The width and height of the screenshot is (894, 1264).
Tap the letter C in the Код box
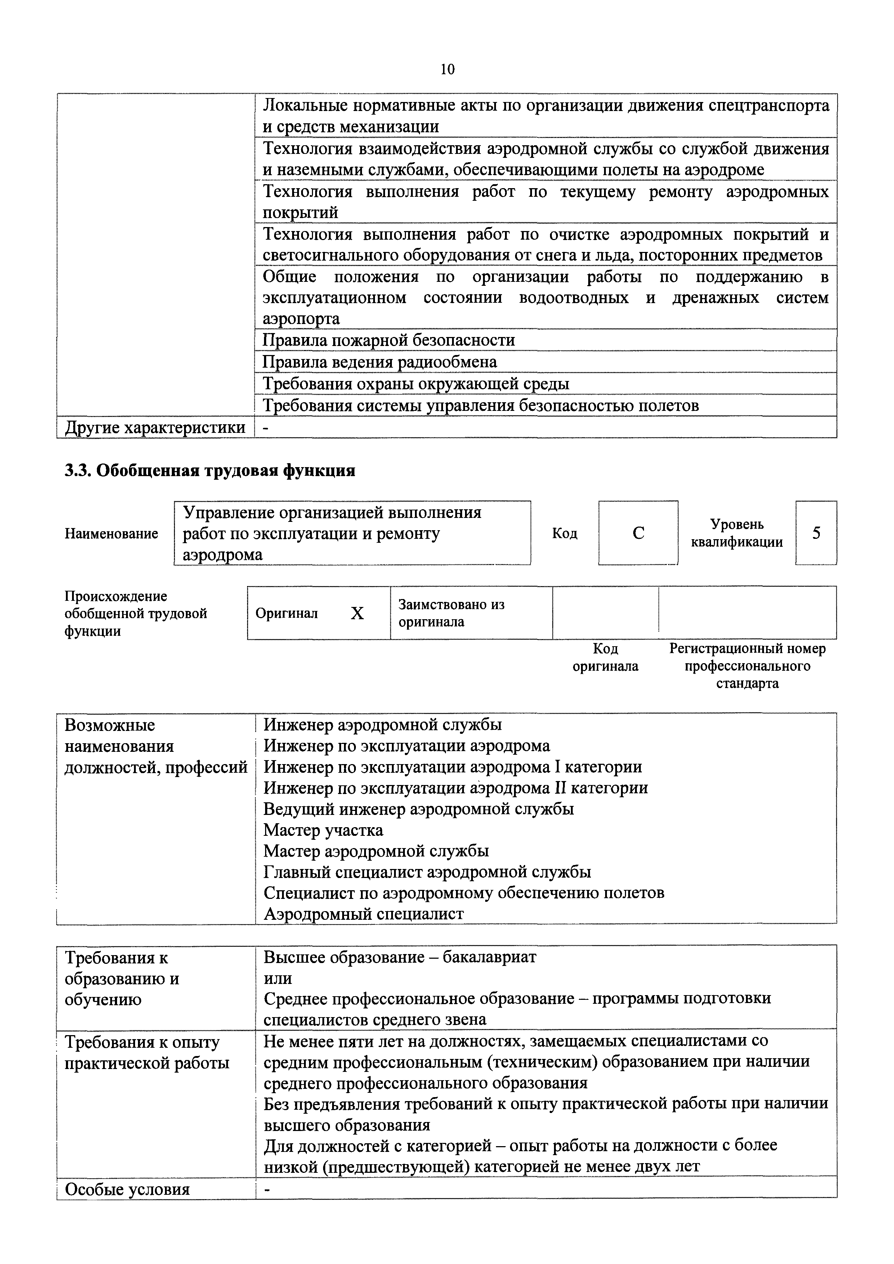pos(638,533)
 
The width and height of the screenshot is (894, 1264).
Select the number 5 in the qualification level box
pos(816,533)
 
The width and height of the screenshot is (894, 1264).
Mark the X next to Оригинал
pos(357,613)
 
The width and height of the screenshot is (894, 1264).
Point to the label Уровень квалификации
pos(737,533)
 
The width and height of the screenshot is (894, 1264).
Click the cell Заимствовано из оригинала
pos(451,613)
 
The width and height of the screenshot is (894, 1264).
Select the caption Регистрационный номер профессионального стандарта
pos(747,666)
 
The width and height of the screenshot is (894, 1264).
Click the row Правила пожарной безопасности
pos(389,340)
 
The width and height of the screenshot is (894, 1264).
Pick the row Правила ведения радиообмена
pos(380,362)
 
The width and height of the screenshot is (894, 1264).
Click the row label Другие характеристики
pos(155,427)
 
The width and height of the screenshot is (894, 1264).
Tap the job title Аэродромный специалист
pos(363,914)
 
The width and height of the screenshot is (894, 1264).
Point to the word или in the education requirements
pos(277,979)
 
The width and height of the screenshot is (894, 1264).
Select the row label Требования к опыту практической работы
pos(147,1052)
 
